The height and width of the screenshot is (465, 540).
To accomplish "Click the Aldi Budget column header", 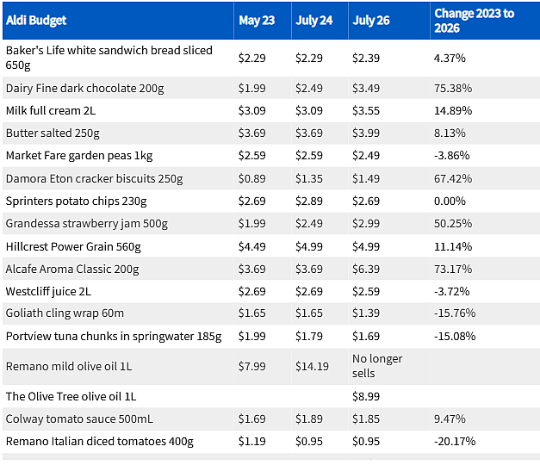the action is (x=36, y=21).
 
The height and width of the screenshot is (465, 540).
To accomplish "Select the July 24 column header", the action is (x=313, y=21).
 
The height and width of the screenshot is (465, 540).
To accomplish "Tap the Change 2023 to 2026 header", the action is (x=475, y=21).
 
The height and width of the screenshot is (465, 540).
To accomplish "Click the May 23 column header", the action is (x=257, y=21).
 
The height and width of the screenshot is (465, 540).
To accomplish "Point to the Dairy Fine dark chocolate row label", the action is (x=84, y=88).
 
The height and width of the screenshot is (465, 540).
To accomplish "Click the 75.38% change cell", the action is (x=452, y=88).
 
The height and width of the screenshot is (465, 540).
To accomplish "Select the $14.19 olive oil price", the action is (x=312, y=366).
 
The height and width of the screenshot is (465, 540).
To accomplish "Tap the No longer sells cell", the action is (x=376, y=366).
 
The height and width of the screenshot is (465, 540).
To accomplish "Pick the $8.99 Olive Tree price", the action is (x=365, y=396).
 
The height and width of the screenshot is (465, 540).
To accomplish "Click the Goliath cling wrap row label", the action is (x=65, y=313).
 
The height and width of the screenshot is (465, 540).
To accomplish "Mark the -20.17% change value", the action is (x=454, y=441).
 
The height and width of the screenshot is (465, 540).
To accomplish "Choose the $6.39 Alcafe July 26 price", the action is (x=365, y=269).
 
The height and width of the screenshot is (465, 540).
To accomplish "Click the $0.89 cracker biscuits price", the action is (x=251, y=179).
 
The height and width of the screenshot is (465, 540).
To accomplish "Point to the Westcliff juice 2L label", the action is (x=48, y=291).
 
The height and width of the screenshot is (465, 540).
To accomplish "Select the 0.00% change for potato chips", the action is (x=450, y=201).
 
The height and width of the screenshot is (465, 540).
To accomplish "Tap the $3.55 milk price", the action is (x=365, y=110).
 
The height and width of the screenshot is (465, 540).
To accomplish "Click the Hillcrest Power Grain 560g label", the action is (x=73, y=246).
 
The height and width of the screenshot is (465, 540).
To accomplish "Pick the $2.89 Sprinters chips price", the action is (x=308, y=201).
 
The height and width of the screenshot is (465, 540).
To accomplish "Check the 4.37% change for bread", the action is (x=450, y=58).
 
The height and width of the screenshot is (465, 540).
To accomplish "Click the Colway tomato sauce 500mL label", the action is (x=79, y=418).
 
